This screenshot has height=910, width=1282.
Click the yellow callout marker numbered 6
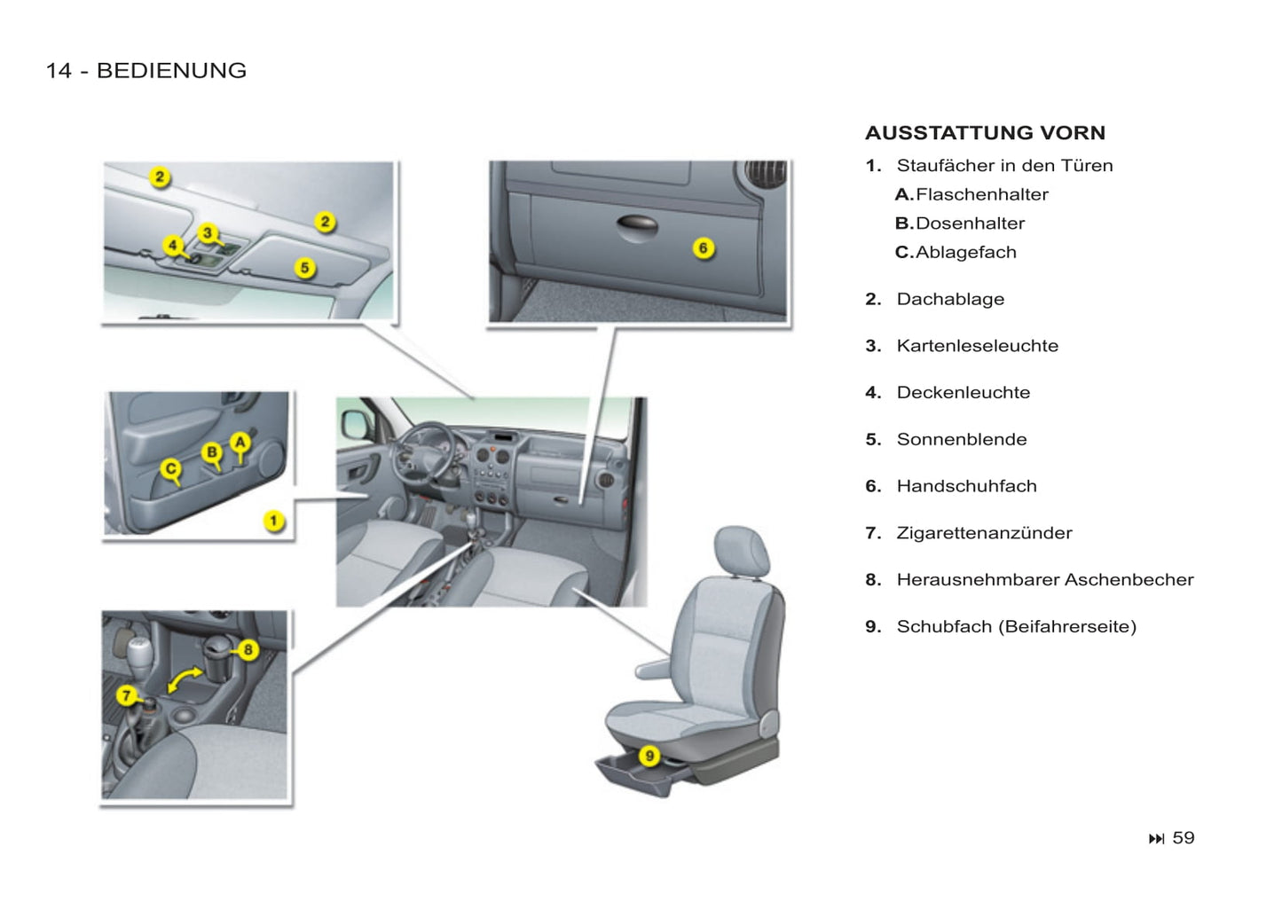[x=703, y=248]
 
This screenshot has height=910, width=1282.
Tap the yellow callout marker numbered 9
[x=650, y=756]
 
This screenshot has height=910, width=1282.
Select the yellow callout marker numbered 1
[x=274, y=522]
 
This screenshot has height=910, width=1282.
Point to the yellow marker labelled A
[x=240, y=442]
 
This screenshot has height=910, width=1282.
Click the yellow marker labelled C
[x=171, y=469]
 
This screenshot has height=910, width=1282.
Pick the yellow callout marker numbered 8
[x=248, y=650]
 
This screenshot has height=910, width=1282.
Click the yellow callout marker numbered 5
[x=304, y=267]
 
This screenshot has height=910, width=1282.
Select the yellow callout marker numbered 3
[x=208, y=233]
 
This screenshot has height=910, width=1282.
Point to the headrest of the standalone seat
[x=742, y=550]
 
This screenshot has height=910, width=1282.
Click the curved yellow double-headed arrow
[x=185, y=679]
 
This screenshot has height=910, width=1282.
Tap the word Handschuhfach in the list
[x=966, y=486]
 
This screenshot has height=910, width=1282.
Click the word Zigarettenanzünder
[x=984, y=533]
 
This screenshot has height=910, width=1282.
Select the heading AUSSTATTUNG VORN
[x=985, y=133]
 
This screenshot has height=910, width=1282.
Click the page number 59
[x=1183, y=838]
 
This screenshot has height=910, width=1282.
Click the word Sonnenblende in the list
[x=962, y=439]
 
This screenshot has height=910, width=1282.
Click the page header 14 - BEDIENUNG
[x=146, y=71]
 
